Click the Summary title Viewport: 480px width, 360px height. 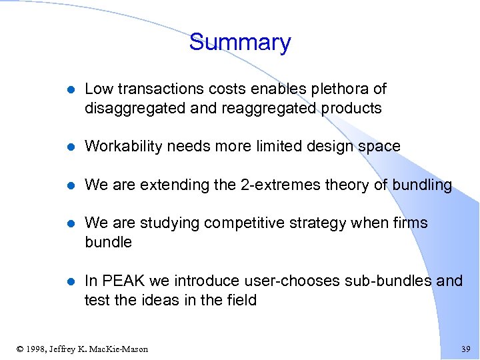click(240, 43)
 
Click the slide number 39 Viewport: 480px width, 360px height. click(465, 349)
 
